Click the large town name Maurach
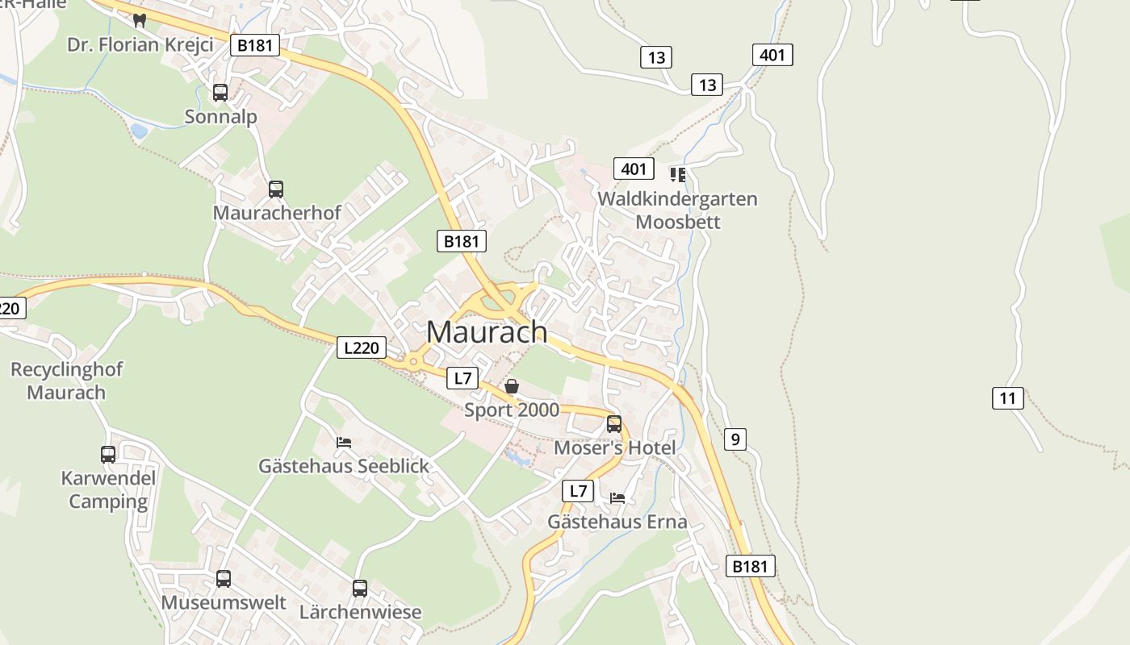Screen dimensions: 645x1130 coord(487,331)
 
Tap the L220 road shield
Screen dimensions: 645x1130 coord(361,348)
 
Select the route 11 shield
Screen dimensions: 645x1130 coord(1008,397)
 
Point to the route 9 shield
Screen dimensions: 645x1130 coord(734,439)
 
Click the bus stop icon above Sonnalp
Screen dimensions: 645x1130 coord(220,93)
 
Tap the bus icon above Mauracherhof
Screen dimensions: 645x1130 coord(276,189)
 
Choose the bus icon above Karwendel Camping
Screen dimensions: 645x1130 coord(108,455)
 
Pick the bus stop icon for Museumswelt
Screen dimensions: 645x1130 coord(224,579)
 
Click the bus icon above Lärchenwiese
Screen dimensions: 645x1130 coord(360,589)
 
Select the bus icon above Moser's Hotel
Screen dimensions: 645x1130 coord(614,424)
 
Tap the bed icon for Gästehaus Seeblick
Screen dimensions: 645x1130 coord(344,442)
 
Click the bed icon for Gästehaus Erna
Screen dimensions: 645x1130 coord(617,497)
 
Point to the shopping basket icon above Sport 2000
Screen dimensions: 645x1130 coord(512,386)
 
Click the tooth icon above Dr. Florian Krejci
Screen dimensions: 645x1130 coord(140,20)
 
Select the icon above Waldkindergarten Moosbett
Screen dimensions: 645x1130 coord(677,174)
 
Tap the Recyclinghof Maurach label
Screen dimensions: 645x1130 coord(66,381)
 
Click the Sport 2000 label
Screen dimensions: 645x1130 coord(512,410)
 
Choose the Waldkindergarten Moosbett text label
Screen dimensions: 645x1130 coord(678,210)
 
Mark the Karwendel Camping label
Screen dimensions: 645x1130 coord(108,489)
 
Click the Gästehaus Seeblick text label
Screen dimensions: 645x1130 coord(344,466)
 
